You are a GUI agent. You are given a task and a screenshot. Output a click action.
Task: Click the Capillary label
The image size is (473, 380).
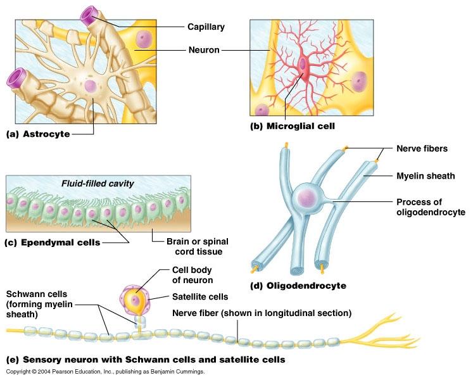(x=206, y=27)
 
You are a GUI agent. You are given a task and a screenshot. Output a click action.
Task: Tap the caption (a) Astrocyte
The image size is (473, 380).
(x=37, y=134)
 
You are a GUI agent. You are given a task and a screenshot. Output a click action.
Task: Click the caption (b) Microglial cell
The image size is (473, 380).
(x=292, y=126)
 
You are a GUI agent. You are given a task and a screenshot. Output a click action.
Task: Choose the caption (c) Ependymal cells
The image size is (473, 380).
(x=53, y=243)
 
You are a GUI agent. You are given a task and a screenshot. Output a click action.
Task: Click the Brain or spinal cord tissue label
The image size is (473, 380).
(x=198, y=246)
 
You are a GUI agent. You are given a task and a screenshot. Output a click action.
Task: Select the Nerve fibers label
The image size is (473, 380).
(x=422, y=149)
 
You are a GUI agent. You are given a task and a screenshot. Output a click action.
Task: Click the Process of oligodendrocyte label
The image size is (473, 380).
(x=431, y=207)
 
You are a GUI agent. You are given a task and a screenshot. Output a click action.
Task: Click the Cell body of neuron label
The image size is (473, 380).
(x=192, y=275)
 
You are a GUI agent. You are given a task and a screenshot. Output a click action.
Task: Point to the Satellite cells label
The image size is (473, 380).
(x=199, y=296)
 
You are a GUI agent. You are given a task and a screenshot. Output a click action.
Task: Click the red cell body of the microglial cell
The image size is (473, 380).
(x=305, y=65)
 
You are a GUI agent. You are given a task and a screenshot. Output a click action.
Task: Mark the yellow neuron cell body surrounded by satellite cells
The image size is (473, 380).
(x=136, y=300)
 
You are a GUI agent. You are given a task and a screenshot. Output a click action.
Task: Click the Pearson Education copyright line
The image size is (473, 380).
(x=105, y=372)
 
